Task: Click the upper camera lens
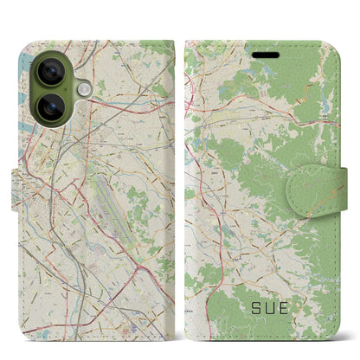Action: coord(48,72)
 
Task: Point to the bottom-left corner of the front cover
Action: coord(187,321)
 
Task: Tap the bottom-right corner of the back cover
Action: coord(174,321)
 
